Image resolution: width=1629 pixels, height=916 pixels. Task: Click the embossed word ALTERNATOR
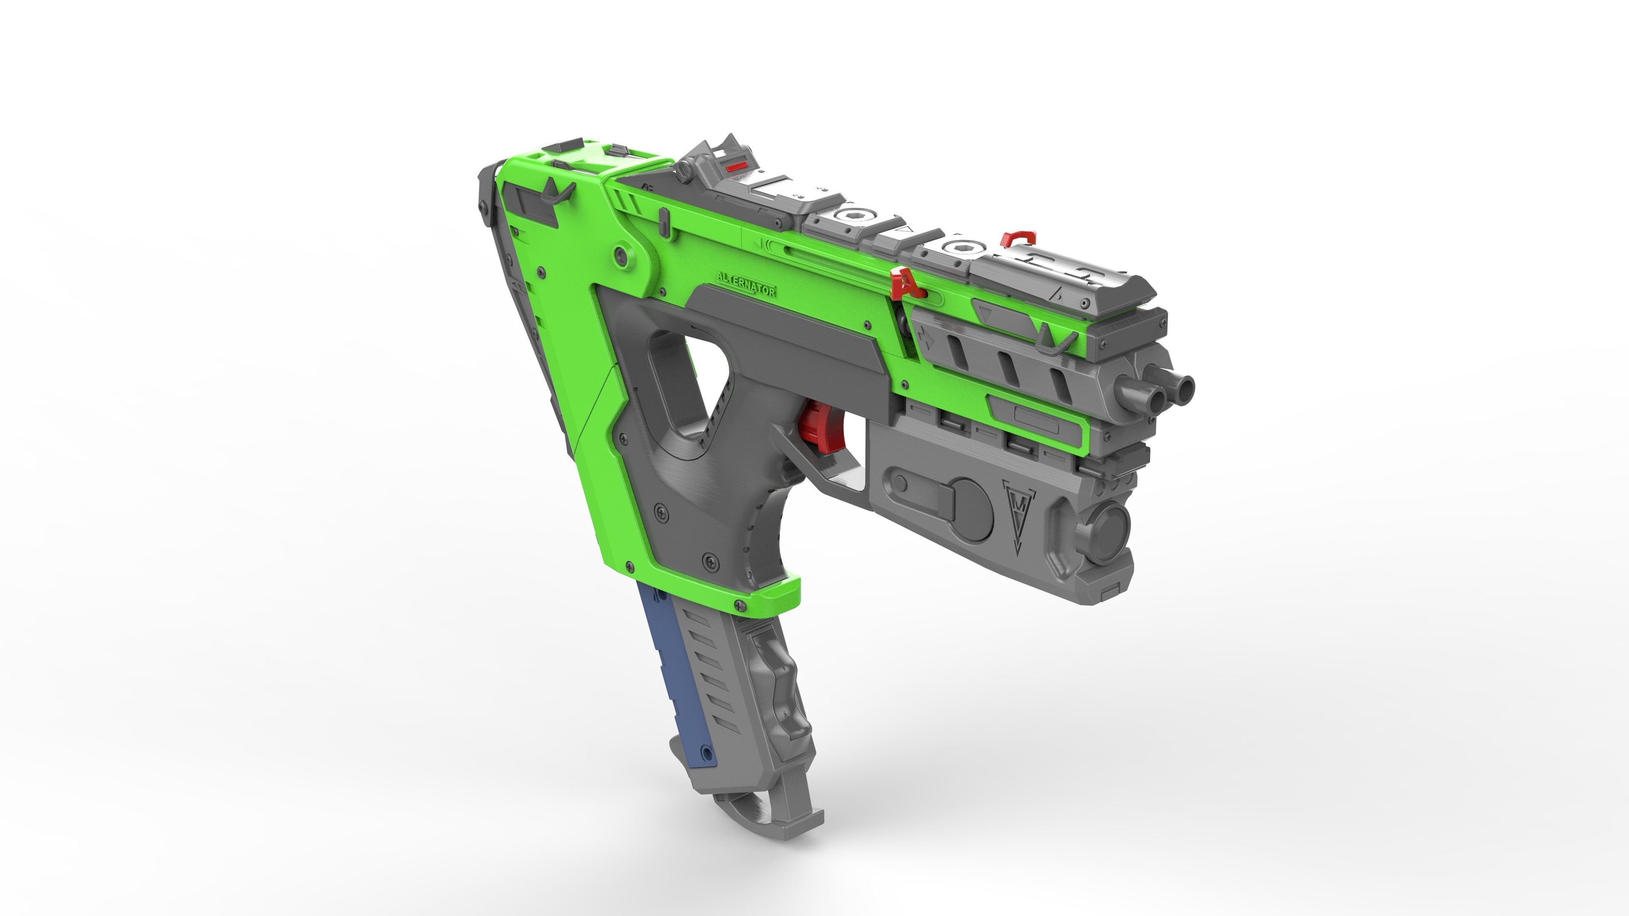coord(746,285)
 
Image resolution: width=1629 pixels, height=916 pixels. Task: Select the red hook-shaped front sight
coord(1018,239)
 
